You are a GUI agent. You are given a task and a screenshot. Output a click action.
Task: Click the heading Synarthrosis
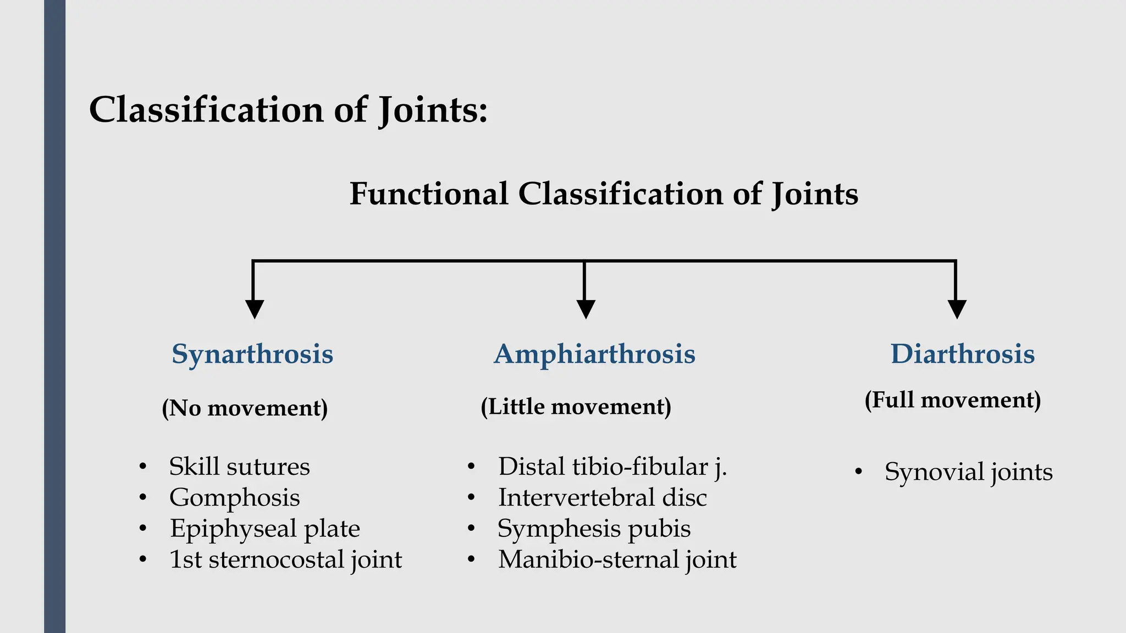point(252,354)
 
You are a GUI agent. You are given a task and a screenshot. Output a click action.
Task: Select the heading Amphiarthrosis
point(594,354)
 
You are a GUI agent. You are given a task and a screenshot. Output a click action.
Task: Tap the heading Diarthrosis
point(963,354)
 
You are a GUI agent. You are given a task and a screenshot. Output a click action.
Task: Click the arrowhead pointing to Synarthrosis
point(254,309)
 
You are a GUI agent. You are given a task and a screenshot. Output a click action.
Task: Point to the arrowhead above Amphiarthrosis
point(586,309)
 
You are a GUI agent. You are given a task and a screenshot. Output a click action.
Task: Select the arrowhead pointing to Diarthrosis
point(957,309)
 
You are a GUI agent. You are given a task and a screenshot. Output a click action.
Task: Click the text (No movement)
point(245,408)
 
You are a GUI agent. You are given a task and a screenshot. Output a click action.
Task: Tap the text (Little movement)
point(576,407)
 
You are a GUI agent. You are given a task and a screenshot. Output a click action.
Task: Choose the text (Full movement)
point(953,400)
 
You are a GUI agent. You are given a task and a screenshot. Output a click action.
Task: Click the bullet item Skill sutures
point(239,467)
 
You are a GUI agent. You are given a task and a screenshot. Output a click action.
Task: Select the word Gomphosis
point(235,498)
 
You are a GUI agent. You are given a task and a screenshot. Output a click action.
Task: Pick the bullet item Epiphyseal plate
point(264,529)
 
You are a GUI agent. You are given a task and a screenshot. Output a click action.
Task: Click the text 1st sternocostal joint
point(285,559)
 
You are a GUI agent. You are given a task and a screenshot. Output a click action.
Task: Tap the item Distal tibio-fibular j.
point(612,467)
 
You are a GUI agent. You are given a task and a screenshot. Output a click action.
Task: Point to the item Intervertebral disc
point(602,498)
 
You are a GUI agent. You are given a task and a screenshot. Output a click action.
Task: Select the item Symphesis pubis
point(594,529)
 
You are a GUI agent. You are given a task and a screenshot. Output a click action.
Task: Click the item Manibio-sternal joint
point(617,559)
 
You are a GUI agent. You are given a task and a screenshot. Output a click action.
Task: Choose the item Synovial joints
point(968,472)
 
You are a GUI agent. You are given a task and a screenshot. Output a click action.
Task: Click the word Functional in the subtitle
point(429,194)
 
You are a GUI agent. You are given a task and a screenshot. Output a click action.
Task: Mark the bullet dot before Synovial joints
point(859,472)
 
